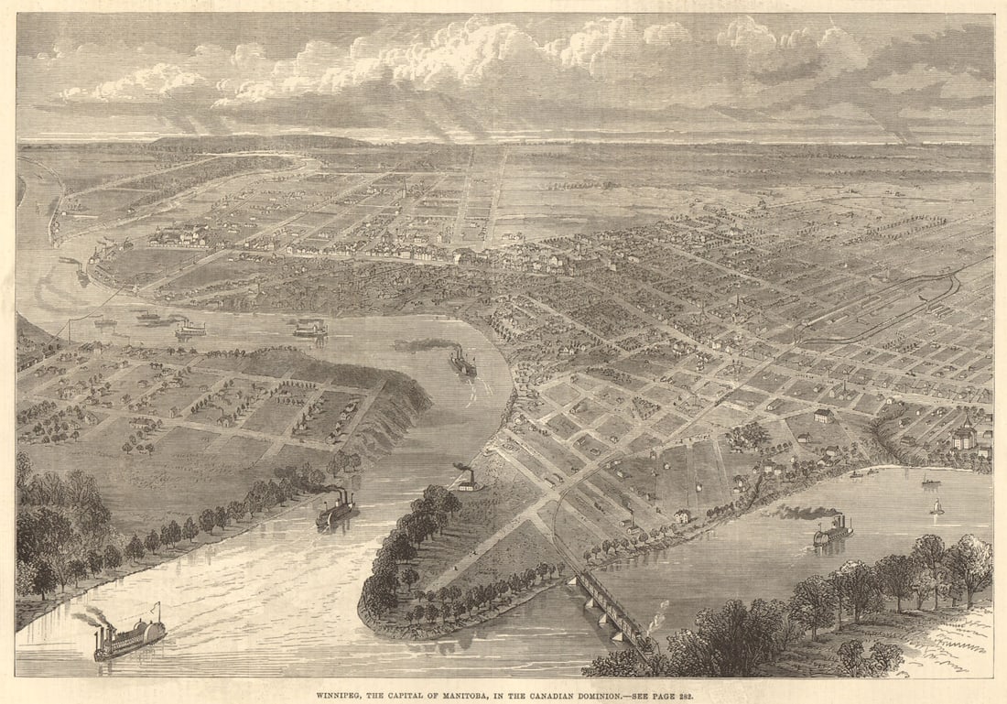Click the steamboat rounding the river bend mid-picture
[462, 363]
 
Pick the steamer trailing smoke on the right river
[833, 531]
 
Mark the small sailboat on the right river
[937, 505]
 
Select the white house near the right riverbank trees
[682, 516]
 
